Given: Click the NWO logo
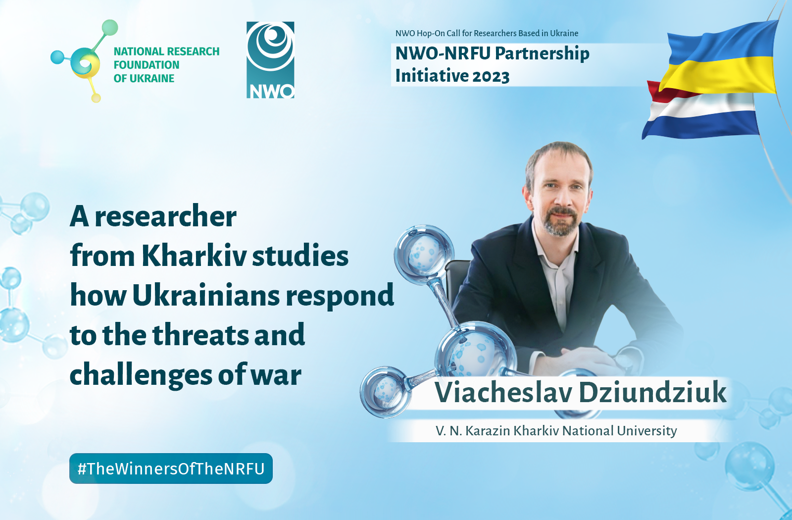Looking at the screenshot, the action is [270, 60].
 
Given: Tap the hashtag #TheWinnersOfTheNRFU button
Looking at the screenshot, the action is [171, 468].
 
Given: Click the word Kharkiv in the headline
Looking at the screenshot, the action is [194, 256].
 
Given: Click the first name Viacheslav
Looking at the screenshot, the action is [504, 392].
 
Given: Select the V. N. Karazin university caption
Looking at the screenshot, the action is [556, 431].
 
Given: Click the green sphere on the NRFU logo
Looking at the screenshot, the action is [109, 28].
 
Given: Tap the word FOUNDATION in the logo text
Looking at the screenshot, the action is [147, 65].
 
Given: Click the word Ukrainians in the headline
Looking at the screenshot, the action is [206, 295].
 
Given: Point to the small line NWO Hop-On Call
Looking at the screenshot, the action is [487, 33].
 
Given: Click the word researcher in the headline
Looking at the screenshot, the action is [166, 216].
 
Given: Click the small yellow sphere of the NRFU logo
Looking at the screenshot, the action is [96, 98].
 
